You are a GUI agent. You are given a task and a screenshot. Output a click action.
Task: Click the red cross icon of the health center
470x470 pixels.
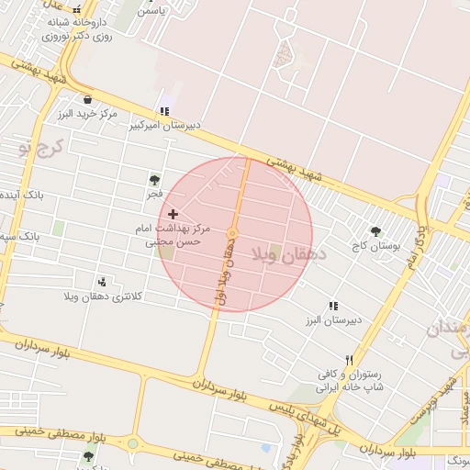pos(173,213)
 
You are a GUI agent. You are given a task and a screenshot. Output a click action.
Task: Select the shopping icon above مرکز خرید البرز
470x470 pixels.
pos(87,100)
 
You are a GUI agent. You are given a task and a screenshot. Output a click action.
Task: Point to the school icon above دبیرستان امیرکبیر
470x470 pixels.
pos(164,111)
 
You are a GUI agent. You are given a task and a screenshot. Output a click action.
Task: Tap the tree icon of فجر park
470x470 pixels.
pos(154,180)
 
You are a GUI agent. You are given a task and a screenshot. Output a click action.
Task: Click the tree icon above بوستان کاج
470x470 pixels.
pos(375,231)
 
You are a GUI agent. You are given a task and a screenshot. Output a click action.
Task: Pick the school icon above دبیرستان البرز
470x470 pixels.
pos(332,306)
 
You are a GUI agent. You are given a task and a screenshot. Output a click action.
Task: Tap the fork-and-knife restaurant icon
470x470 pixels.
pos(348,361)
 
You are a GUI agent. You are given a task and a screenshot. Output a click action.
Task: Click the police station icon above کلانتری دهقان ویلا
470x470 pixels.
pos(101,281)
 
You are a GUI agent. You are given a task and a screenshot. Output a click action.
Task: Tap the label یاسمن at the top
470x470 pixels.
pos(151,12)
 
